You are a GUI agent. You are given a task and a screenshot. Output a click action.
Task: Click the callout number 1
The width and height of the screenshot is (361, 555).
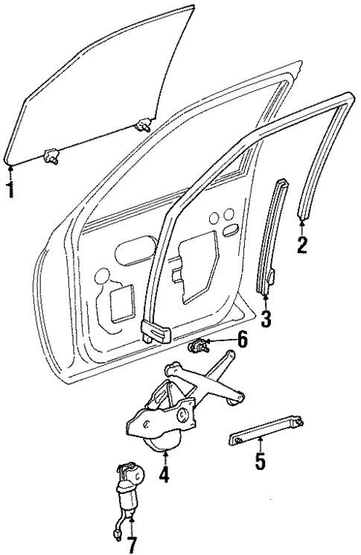(x=10, y=188)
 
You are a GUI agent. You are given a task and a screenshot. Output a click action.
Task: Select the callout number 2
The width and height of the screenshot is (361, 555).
(x=301, y=244)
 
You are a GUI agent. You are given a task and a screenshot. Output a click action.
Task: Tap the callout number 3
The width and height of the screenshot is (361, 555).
(x=266, y=320)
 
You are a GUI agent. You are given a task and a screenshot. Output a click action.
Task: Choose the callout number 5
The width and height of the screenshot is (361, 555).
(x=260, y=462)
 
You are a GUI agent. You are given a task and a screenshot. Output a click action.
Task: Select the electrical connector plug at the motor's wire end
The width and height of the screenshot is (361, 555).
(x=118, y=532)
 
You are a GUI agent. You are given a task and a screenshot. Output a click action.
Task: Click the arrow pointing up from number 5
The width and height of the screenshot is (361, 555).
(x=260, y=447)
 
